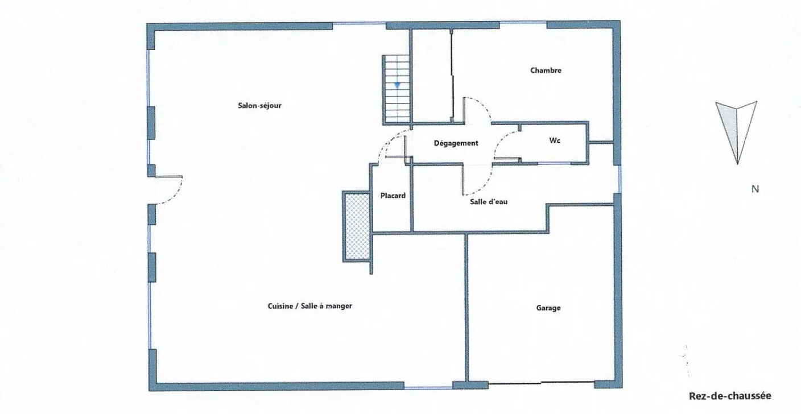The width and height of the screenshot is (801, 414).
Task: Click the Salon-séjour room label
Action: pos(259,105)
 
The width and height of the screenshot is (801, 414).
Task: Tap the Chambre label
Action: pos(546,71)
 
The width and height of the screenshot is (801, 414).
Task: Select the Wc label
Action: pos(555,140)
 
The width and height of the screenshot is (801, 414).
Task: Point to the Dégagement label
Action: pos(456,143)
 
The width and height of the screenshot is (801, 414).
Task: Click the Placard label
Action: pos(393,196)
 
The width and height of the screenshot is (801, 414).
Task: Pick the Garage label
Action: pos(548,308)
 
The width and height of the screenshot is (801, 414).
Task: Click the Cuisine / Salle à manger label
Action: pos(309,306)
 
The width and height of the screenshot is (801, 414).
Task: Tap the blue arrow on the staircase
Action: pos(398,84)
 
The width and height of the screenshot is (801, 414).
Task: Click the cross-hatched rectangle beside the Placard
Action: pos(357,226)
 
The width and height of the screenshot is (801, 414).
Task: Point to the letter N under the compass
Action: pos(755,189)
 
